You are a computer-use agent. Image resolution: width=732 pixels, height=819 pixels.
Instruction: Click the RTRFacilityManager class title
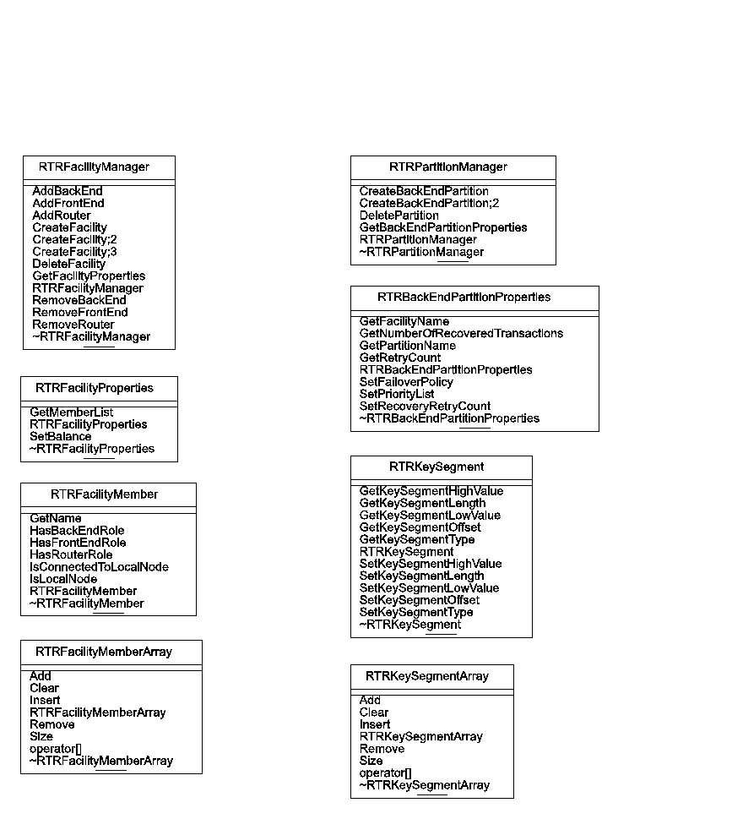click(99, 167)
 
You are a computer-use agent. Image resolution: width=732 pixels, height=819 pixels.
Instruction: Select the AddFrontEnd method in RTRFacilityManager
click(68, 204)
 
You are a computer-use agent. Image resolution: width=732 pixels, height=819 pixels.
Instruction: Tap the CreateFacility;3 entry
click(74, 252)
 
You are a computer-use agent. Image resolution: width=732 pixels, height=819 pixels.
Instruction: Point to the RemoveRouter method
click(73, 325)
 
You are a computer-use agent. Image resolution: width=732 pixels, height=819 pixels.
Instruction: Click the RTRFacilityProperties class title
click(95, 388)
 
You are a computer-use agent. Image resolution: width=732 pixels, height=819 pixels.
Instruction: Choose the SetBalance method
click(61, 437)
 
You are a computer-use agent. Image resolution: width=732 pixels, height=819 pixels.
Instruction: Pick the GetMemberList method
click(72, 412)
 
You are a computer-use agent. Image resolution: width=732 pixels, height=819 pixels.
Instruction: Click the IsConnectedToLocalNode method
click(99, 567)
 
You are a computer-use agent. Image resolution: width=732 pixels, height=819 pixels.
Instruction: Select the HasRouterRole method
click(71, 555)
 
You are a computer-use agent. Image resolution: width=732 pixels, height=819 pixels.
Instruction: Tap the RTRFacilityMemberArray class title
click(104, 652)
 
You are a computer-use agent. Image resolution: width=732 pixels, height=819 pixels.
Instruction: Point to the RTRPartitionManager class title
click(448, 167)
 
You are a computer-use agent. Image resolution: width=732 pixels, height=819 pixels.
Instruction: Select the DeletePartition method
click(399, 216)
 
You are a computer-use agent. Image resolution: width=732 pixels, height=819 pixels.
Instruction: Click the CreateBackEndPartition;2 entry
click(430, 204)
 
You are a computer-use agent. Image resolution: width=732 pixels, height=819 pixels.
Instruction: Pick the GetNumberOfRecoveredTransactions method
click(461, 334)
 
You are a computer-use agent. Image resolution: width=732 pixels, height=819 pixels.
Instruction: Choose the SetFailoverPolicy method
click(406, 382)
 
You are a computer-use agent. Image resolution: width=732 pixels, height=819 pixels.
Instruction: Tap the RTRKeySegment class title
click(436, 467)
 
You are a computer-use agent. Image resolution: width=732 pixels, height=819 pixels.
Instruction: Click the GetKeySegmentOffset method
click(420, 527)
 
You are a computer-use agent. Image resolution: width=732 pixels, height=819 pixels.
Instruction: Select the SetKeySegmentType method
click(416, 613)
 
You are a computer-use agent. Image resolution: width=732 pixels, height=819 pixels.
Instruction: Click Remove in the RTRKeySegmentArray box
click(382, 749)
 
